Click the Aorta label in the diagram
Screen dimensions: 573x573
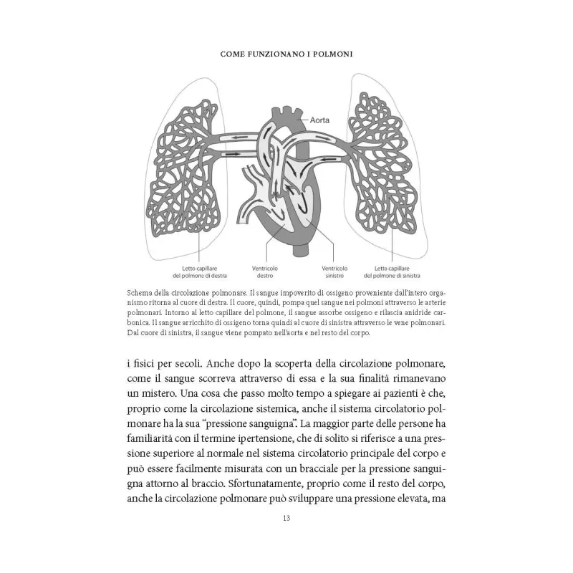pyautogui.click(x=319, y=120)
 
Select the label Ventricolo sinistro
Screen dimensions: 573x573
pyautogui.click(x=333, y=271)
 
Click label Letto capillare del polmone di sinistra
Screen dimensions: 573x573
pyautogui.click(x=391, y=271)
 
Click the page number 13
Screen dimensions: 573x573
pyautogui.click(x=286, y=518)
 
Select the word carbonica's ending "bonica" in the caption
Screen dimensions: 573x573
pyautogui.click(x=140, y=324)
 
